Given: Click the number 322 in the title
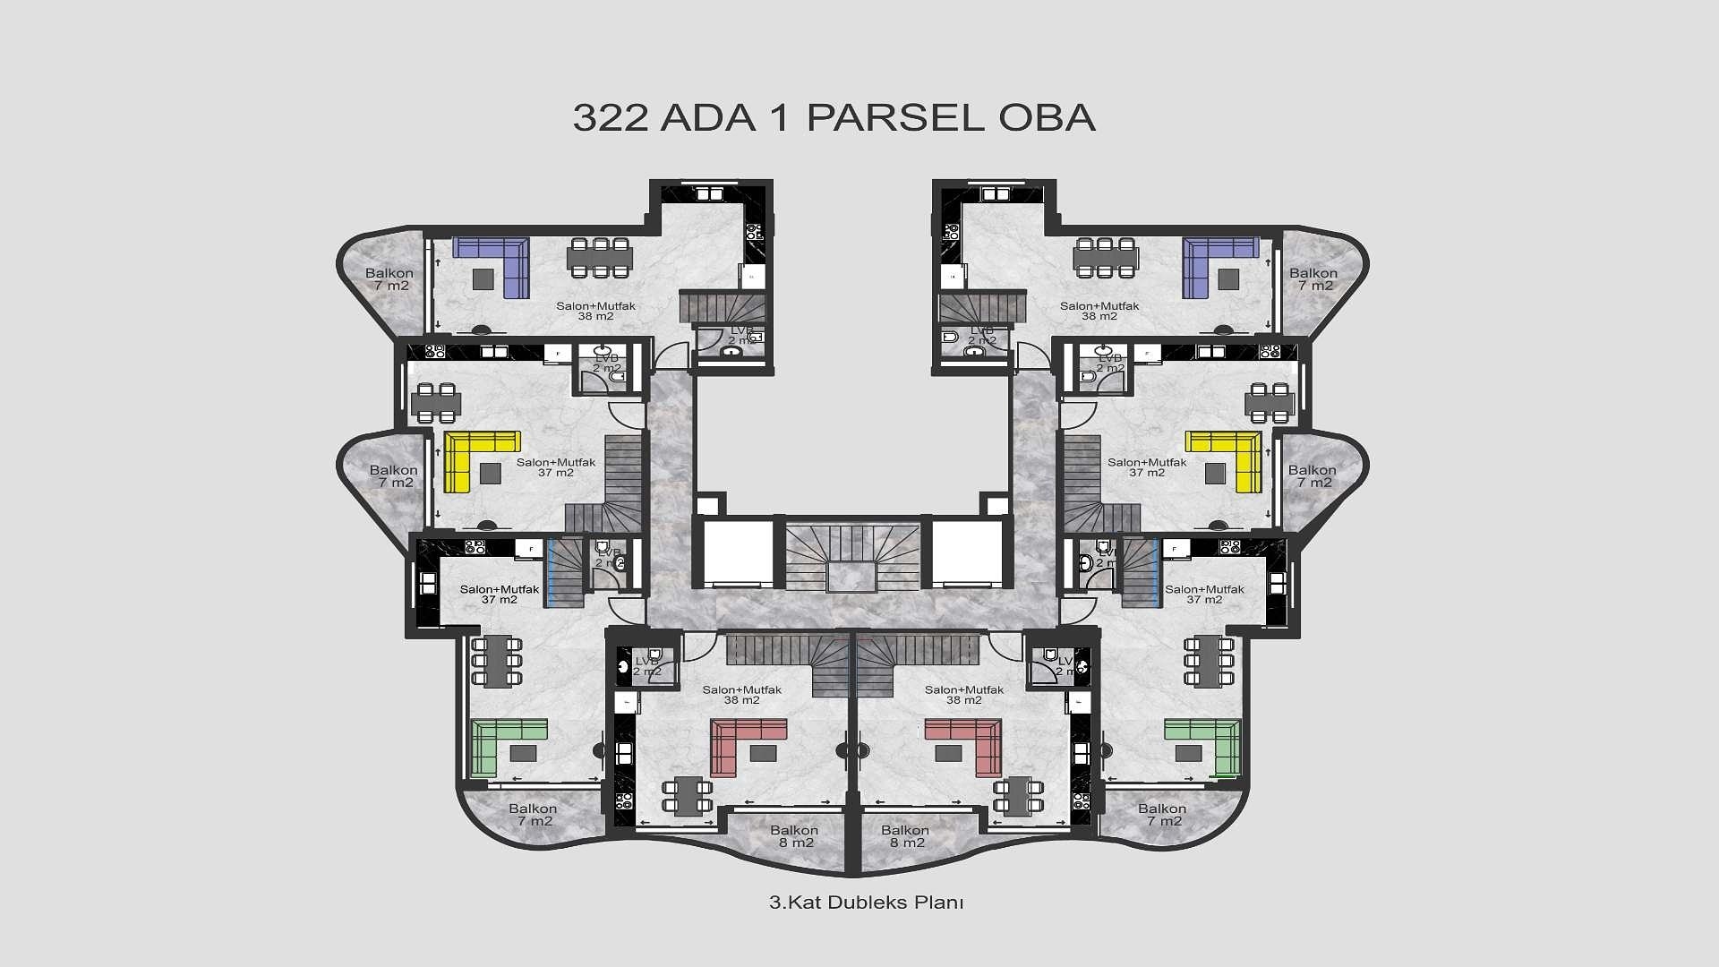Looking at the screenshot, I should pos(610,118).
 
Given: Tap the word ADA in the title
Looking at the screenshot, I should pos(707,118).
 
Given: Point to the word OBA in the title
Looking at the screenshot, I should pos(1047,118).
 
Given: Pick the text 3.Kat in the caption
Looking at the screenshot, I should pos(795,903).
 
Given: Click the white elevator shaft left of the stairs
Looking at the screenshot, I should pos(738,552).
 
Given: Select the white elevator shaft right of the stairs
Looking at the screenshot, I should pos(967,552).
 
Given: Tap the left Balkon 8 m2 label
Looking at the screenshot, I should pos(794,836).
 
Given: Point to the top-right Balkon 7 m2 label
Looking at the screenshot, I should pos(1313,279).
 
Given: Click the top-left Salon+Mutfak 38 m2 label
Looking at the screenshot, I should pos(595,311).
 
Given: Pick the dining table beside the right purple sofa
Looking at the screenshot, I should pos(1105,258).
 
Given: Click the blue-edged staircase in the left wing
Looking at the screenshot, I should pos(565,573).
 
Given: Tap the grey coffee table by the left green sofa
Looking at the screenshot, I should pos(523,753).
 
